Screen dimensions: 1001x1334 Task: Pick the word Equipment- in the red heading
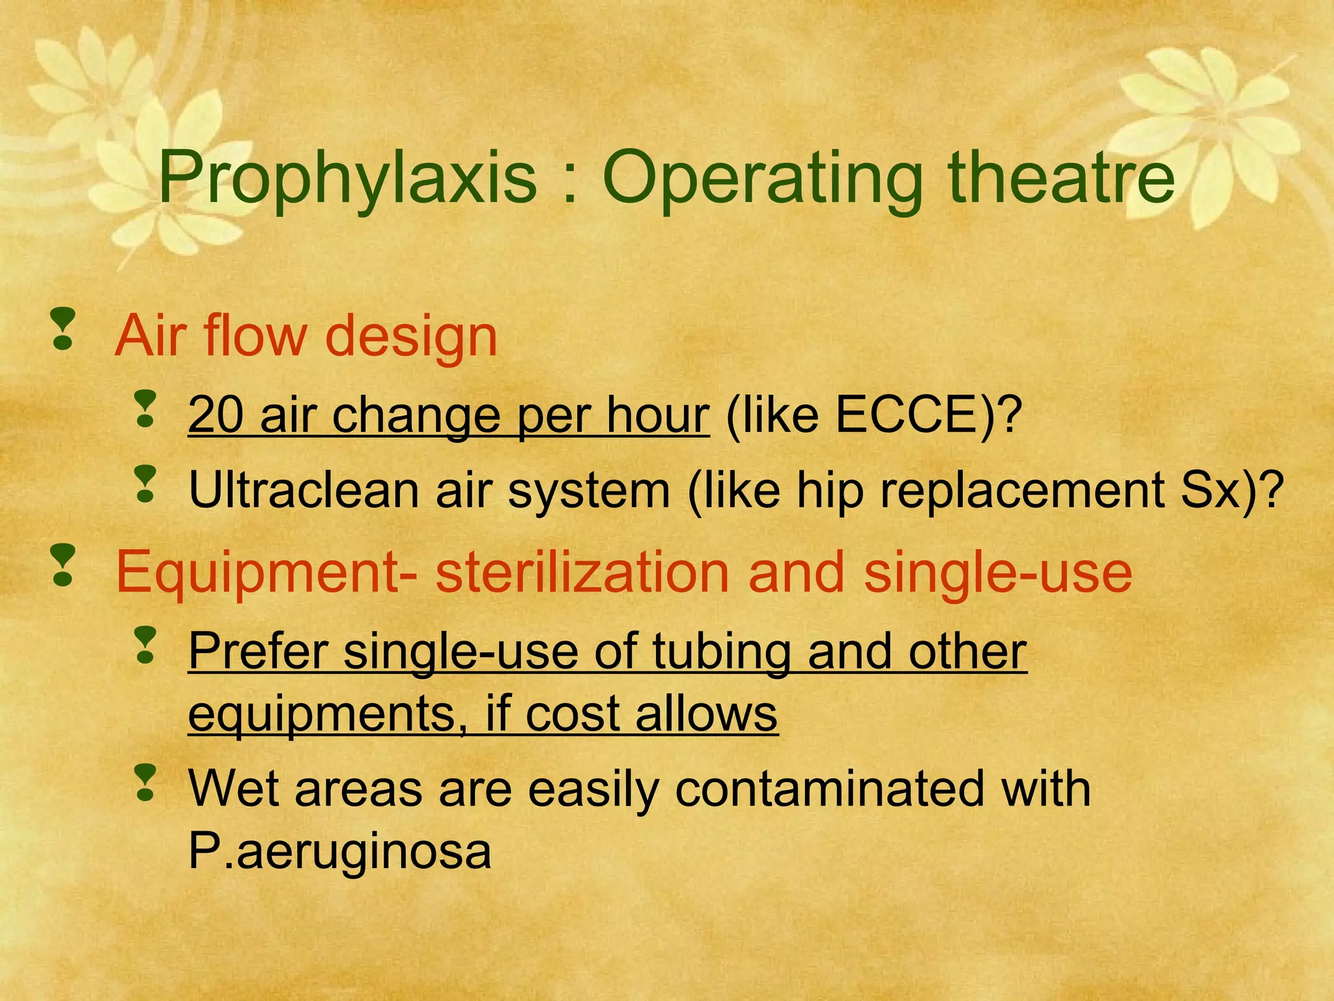pos(267,572)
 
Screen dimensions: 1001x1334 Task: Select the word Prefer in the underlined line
pos(258,651)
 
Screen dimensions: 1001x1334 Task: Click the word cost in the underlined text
pos(572,714)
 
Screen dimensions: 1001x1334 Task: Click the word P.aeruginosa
pos(339,851)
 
